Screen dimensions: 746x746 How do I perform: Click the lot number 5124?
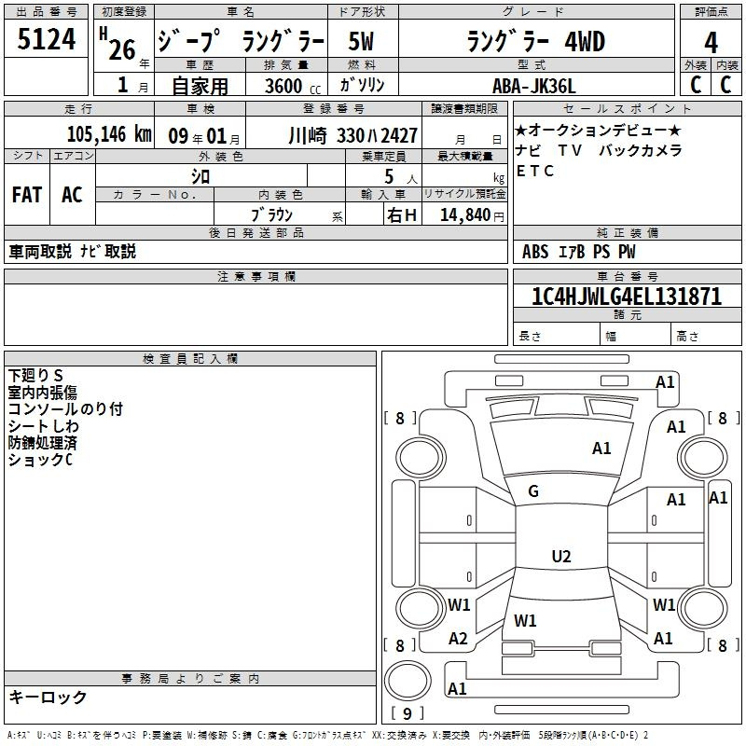click(x=47, y=40)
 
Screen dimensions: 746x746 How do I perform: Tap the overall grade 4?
click(x=711, y=43)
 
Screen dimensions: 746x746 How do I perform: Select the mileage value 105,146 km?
click(x=108, y=134)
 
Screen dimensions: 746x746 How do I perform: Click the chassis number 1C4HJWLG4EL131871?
click(x=626, y=297)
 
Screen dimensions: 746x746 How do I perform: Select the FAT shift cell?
click(x=27, y=195)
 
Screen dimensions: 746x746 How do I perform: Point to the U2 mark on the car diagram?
click(x=560, y=557)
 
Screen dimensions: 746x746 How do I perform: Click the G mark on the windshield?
click(x=533, y=491)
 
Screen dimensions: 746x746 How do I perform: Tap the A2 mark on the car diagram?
click(x=458, y=639)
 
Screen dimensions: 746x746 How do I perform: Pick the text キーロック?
click(x=48, y=698)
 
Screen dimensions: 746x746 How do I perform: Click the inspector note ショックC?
click(x=40, y=460)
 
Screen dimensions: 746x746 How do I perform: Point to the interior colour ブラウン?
click(x=273, y=214)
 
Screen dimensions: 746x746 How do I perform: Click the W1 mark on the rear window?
click(x=525, y=620)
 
